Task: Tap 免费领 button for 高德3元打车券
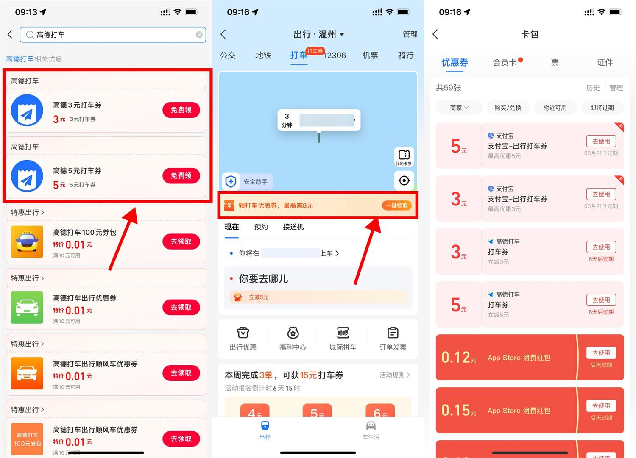tap(181, 110)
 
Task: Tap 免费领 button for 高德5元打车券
tap(181, 176)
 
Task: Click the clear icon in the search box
tap(199, 35)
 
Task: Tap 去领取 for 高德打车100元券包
tap(181, 241)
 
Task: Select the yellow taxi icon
tap(27, 241)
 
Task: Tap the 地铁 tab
tap(263, 56)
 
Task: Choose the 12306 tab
tap(335, 56)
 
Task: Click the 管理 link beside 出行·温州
tap(410, 34)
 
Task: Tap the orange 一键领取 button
tap(397, 205)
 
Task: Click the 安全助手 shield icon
tap(231, 182)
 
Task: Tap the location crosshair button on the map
tap(404, 180)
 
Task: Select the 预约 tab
tap(261, 227)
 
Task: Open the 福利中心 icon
tap(293, 338)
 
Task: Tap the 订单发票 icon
tap(393, 338)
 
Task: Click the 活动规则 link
tap(394, 375)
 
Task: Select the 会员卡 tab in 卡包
tap(505, 63)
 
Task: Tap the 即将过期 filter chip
tap(602, 108)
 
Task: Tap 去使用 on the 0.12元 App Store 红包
tap(601, 353)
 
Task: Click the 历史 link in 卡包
tap(593, 88)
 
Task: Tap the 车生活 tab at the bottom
tap(371, 430)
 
